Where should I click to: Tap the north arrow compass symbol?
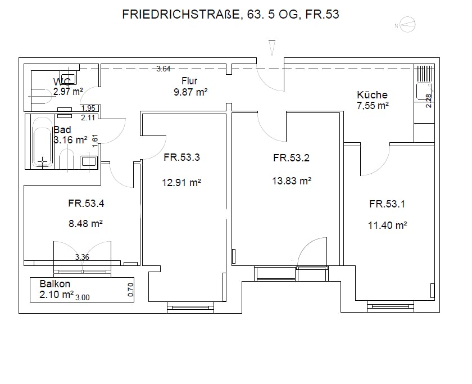tap(407, 25)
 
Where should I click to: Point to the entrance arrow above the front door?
tap(272, 48)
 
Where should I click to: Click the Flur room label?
tap(189, 81)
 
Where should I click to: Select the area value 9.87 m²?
tap(190, 92)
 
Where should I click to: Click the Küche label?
tap(372, 95)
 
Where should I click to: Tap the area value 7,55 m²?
tap(373, 106)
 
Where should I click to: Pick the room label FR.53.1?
tap(387, 204)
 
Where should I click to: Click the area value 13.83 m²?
tap(292, 180)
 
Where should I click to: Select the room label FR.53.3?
tap(181, 157)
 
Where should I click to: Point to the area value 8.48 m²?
tap(85, 223)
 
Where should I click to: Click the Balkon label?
tap(55, 284)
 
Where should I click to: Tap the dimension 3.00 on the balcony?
tap(83, 297)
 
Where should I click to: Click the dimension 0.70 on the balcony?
tap(130, 290)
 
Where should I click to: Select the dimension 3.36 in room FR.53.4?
tap(82, 257)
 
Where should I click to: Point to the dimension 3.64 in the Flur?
tap(164, 69)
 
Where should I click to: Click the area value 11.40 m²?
tap(387, 225)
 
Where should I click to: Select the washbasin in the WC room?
tap(68, 78)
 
